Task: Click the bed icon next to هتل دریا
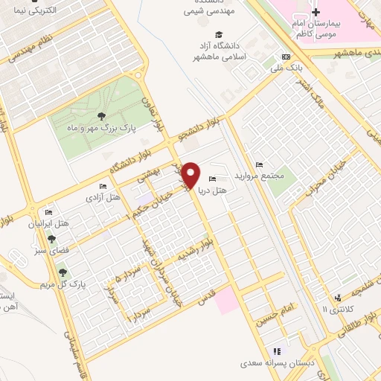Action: (214, 179)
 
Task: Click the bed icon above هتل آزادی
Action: (103, 186)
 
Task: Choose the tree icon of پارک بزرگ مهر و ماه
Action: (100, 115)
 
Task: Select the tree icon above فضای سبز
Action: (51, 239)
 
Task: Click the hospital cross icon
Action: (316, 12)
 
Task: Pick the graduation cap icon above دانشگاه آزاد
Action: (219, 34)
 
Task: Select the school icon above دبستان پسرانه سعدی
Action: (277, 351)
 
